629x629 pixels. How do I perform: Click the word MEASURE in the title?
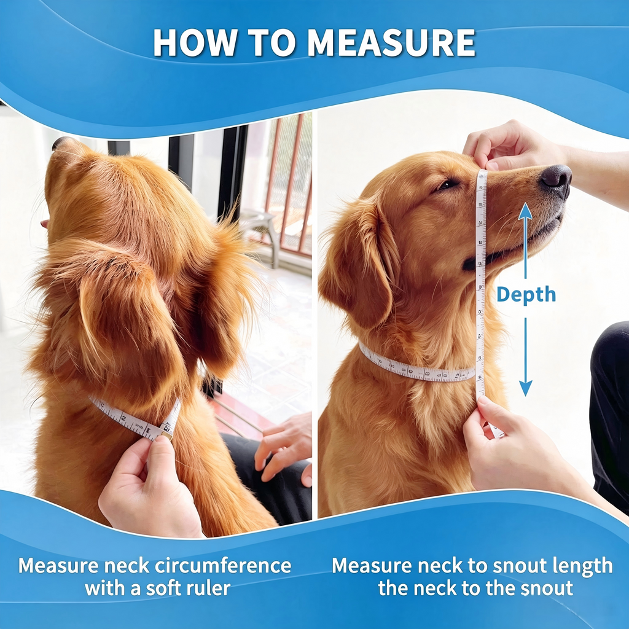(392, 42)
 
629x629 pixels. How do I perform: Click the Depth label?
(526, 294)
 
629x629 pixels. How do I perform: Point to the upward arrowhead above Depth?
(525, 211)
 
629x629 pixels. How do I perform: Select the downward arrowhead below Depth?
(526, 388)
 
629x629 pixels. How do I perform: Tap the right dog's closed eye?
(446, 185)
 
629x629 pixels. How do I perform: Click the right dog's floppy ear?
(360, 265)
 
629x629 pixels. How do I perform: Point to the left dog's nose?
(61, 143)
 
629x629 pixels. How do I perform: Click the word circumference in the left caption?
(223, 566)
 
